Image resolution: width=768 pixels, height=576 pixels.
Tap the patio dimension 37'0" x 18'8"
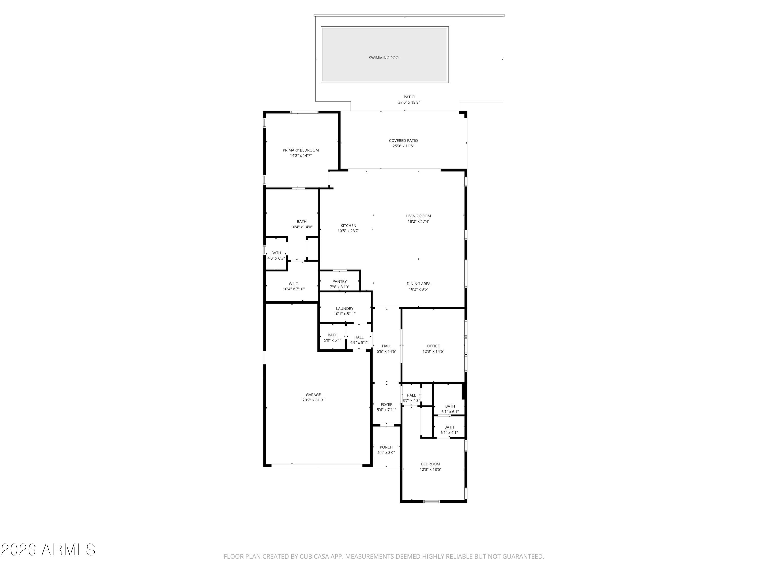[x=409, y=102]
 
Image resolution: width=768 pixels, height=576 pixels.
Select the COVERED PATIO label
[x=403, y=141]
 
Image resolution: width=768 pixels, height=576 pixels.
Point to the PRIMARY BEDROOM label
[x=301, y=150]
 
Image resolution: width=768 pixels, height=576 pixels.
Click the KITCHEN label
[x=348, y=226]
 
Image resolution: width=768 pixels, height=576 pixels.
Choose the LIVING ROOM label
[x=418, y=216]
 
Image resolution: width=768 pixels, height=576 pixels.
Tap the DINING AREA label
[x=418, y=284]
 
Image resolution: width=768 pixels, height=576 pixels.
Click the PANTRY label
[x=339, y=282]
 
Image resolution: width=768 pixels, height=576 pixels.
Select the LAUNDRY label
[x=345, y=309]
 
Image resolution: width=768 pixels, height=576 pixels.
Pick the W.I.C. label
[x=294, y=284]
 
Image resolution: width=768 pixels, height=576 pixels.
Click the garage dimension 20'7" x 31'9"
[x=313, y=400]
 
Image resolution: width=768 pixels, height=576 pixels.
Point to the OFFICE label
[x=433, y=346]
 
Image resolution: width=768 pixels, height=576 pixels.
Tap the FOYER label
[x=386, y=404]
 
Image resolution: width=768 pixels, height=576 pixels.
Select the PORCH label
[x=386, y=447]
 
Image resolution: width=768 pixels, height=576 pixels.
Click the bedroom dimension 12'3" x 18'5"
[x=431, y=470]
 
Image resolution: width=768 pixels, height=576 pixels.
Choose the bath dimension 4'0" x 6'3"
[x=276, y=258]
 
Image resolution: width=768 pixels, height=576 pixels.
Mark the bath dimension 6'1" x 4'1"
[x=449, y=433]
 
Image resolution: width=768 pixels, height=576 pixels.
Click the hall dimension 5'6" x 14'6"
[x=386, y=351]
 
